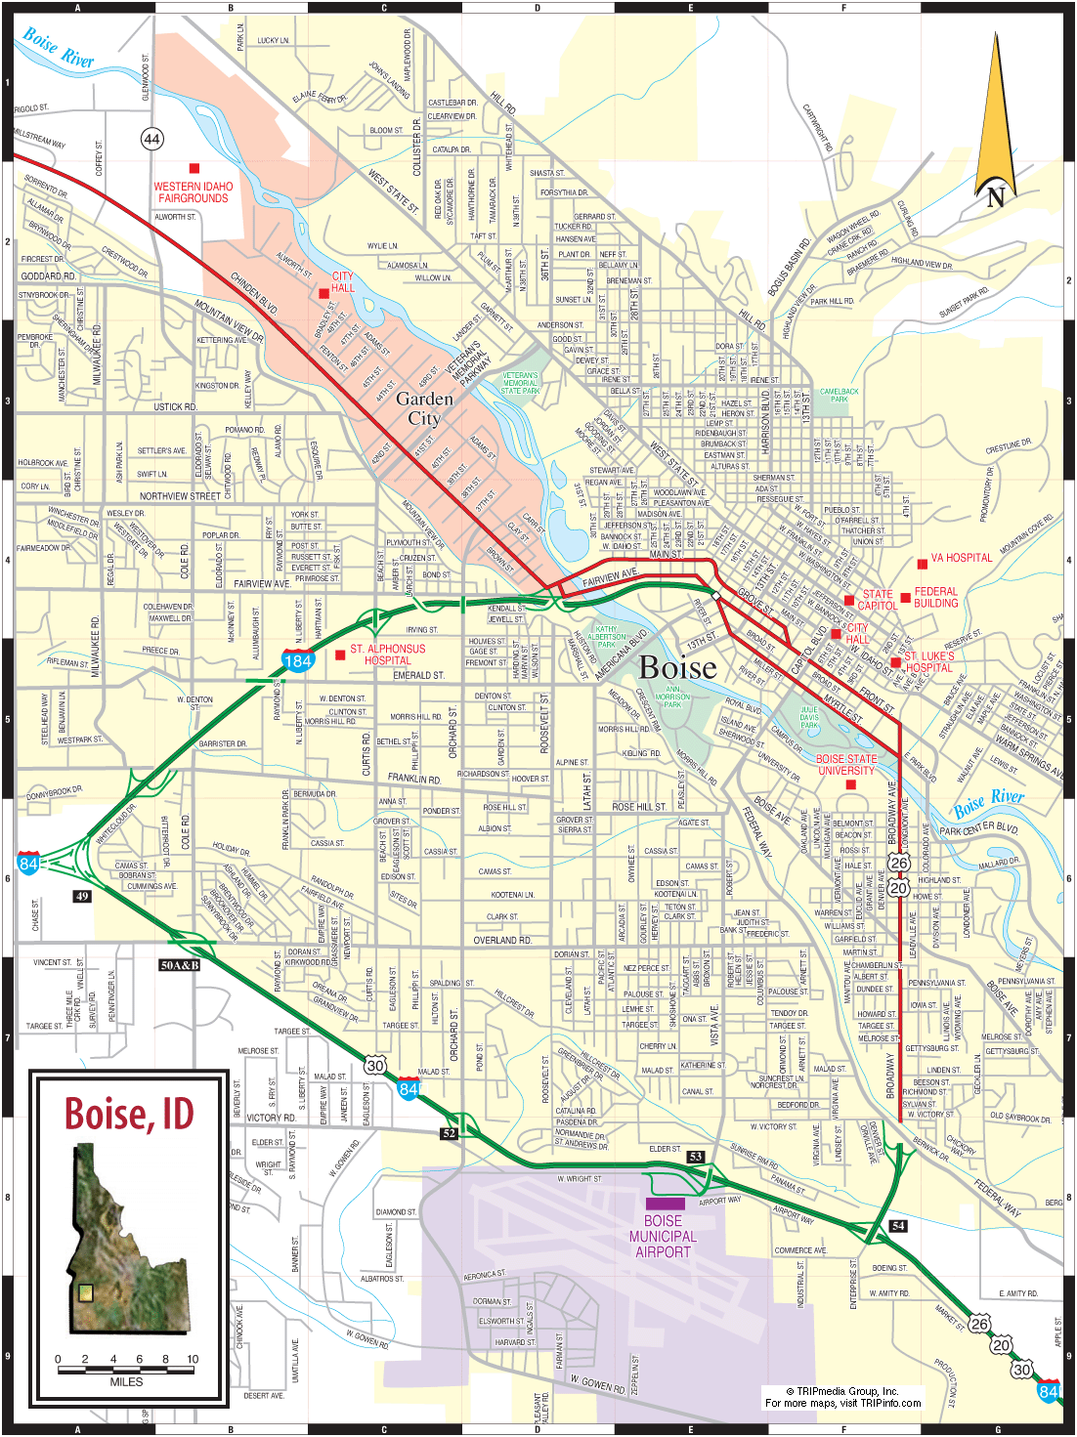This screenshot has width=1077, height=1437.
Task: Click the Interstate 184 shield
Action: coord(297,660)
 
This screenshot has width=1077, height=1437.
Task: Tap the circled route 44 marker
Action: coord(151,139)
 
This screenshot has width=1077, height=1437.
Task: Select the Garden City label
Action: coord(424,408)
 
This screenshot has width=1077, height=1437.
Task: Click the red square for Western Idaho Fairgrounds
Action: coord(194,169)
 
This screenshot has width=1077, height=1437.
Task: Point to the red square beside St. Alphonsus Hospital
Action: coord(340,655)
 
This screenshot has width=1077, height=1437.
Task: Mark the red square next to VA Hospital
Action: coord(922,564)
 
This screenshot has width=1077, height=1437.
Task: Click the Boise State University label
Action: coord(846,765)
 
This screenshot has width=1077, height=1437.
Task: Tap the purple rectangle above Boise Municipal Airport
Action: coord(665,1204)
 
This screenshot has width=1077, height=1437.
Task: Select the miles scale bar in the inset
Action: coord(126,1370)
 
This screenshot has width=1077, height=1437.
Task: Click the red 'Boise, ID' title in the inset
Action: coord(129,1114)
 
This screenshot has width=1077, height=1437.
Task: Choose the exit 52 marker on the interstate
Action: coord(449,1134)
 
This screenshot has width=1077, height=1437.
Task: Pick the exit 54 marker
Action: coord(898,1225)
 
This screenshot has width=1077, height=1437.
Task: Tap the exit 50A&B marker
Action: coord(180,965)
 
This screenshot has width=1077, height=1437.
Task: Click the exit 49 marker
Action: coord(82,896)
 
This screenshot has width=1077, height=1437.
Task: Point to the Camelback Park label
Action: coord(839,395)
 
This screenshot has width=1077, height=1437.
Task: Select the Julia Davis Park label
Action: coord(809,717)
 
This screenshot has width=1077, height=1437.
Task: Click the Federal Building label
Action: coord(935,597)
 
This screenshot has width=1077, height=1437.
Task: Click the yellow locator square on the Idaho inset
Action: coord(86,1292)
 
